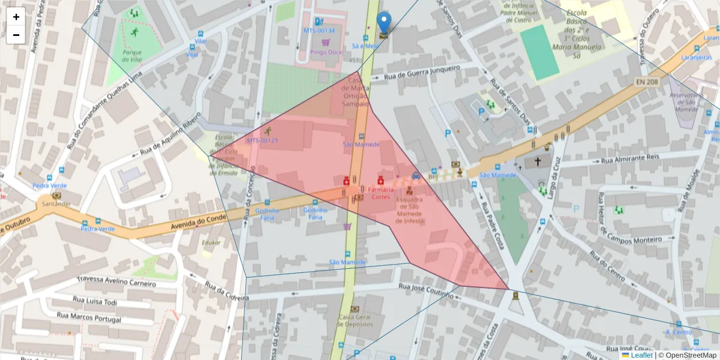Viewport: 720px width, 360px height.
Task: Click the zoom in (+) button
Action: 16,17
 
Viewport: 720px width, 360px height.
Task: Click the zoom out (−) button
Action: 16,35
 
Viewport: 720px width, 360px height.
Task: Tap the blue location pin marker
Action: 383,23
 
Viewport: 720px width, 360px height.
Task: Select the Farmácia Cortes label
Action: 380,193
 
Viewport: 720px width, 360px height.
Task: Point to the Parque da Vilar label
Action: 132,56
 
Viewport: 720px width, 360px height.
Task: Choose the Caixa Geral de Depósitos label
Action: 356,320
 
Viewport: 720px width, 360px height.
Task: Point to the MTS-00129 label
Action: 262,140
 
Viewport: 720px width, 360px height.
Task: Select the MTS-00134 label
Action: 319,30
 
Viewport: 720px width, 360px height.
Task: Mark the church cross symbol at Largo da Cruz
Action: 538,161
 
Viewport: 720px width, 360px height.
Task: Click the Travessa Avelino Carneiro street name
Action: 116,281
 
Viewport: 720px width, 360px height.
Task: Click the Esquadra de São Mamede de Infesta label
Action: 410,210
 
